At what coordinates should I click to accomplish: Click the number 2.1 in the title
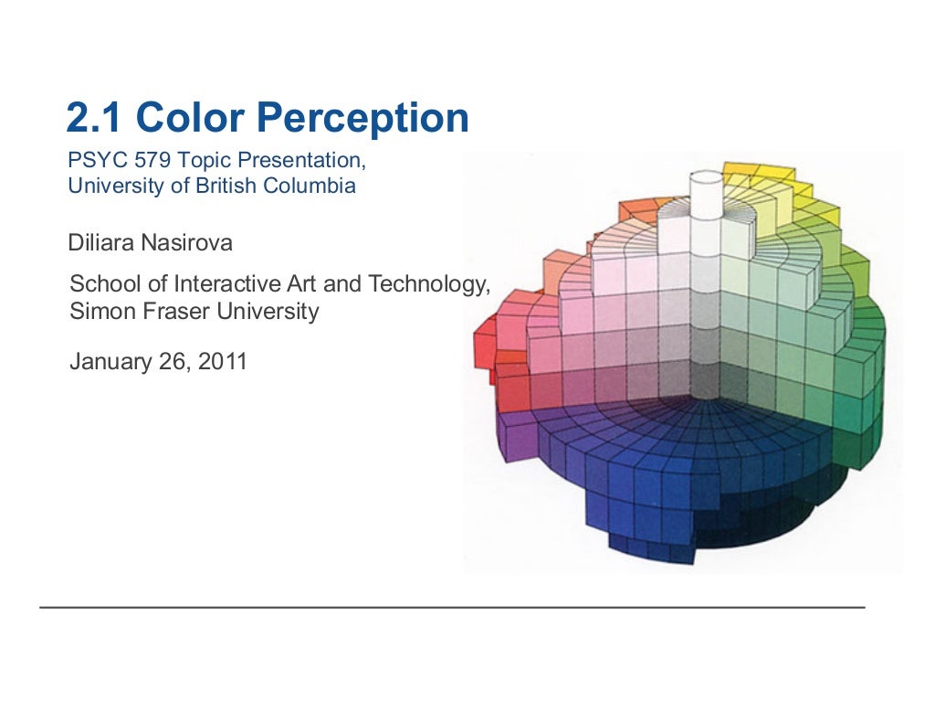95,118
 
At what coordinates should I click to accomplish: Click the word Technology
428,284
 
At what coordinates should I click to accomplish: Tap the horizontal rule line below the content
452,607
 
